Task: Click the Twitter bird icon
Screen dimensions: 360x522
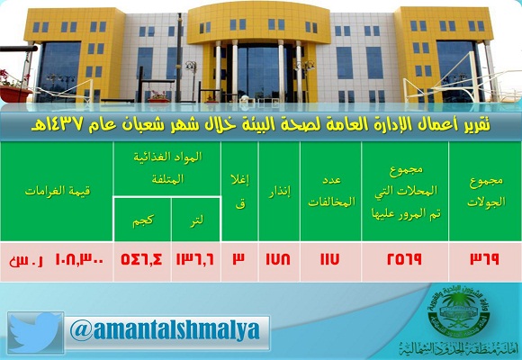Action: point(36,331)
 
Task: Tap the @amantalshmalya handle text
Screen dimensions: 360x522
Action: point(164,331)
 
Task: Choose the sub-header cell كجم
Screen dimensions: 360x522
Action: point(140,220)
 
